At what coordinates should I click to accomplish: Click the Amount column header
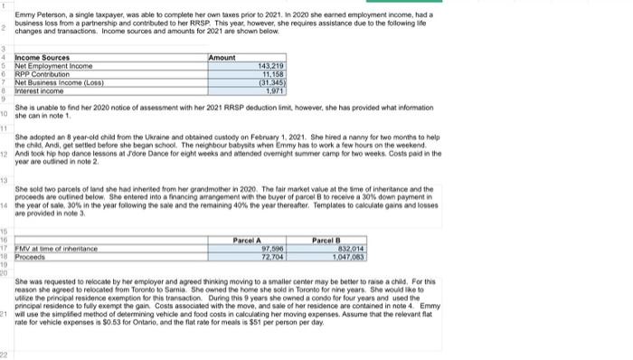point(222,57)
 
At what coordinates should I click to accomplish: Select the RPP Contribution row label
point(42,73)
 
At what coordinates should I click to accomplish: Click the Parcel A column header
point(248,213)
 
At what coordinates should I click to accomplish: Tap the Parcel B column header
point(326,213)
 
